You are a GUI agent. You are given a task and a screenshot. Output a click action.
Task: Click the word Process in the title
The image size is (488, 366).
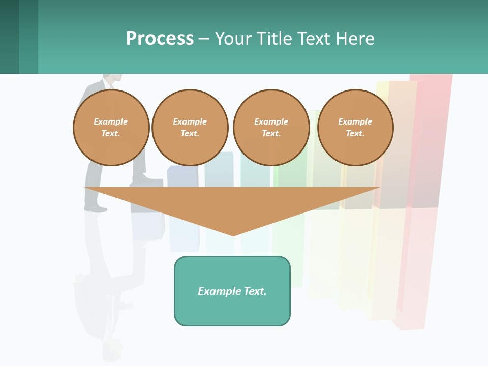[x=160, y=39]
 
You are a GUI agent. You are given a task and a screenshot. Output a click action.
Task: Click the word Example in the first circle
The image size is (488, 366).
[x=111, y=121]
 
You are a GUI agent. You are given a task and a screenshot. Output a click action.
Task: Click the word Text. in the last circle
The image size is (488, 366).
[x=355, y=133]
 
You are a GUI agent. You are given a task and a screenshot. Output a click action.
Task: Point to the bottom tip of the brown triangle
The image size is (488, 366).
[x=233, y=235]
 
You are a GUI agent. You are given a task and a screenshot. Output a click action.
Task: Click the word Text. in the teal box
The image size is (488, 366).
[x=255, y=291]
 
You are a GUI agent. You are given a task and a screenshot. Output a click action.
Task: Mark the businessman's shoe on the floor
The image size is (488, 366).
[x=96, y=208]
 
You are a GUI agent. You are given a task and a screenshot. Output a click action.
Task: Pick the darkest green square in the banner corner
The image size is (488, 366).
[x=9, y=37]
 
